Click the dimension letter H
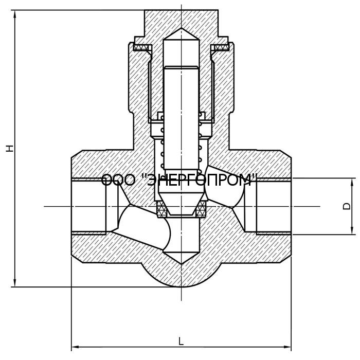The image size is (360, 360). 9,148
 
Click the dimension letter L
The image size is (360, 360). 181,341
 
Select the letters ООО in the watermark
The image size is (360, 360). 118,180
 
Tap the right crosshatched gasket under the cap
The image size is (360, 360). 221,48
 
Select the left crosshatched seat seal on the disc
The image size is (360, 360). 161,208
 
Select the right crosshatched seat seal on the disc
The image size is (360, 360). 201,208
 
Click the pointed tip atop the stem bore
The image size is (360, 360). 181,33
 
